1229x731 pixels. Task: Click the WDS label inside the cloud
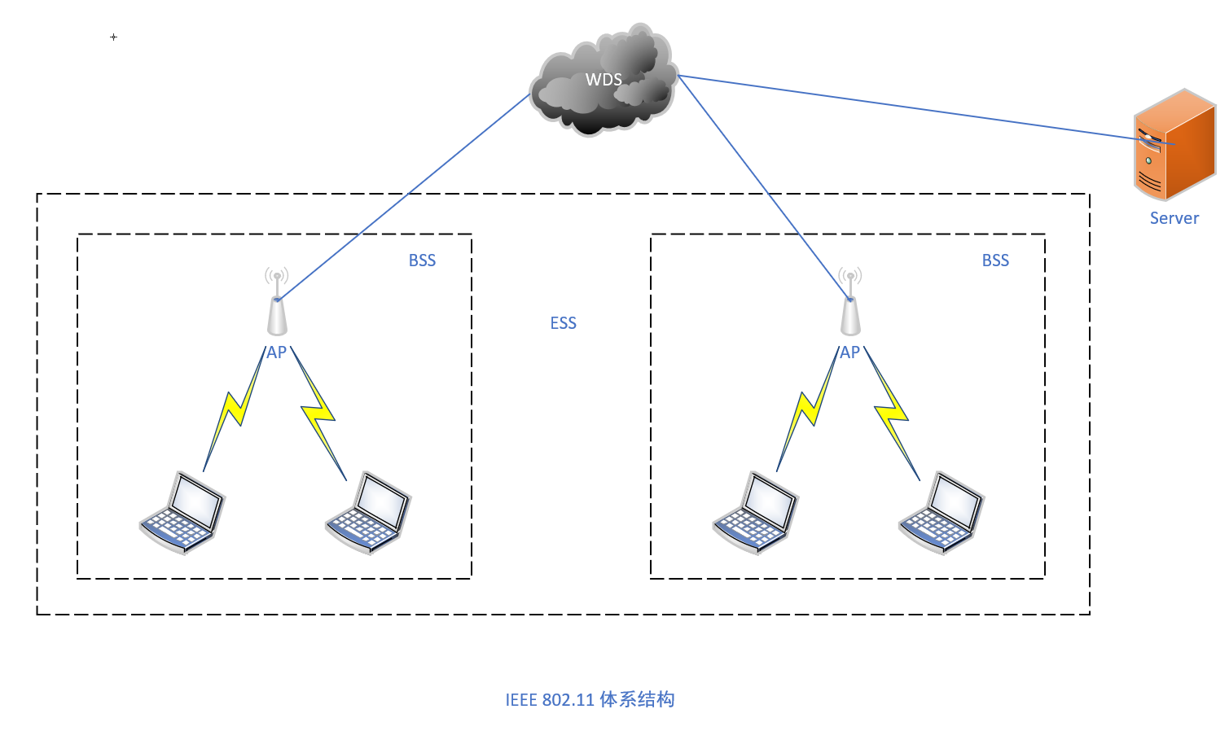(604, 80)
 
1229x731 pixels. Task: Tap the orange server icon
(1174, 145)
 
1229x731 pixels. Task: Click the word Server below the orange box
(1174, 218)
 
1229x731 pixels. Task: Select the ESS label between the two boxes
(563, 323)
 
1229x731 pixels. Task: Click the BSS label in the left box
(422, 260)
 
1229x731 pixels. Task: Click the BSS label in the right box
(995, 260)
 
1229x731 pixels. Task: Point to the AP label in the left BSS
(277, 352)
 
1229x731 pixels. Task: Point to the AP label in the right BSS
(850, 352)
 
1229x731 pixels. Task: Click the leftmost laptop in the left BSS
(182, 513)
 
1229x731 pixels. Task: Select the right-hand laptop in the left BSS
(368, 513)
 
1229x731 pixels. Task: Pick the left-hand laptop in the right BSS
(756, 513)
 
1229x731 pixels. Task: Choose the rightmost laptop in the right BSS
(942, 513)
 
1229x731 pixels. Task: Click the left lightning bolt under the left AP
(235, 409)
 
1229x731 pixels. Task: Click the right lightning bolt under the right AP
(892, 414)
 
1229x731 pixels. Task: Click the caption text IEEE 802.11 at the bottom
(550, 700)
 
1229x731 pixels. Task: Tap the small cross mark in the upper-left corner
(113, 37)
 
